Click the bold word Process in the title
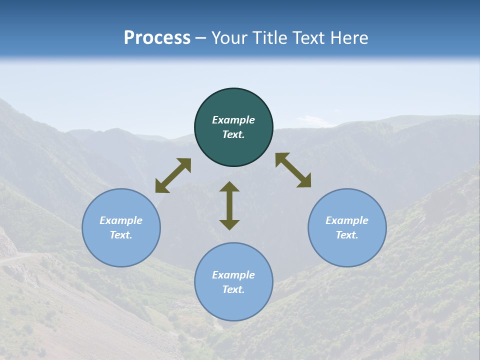[x=157, y=38]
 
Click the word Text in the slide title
[x=308, y=38]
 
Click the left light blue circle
[x=121, y=227]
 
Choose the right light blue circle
[x=347, y=227]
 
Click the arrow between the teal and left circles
[x=173, y=175]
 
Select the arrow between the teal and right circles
[x=293, y=170]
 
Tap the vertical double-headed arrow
[x=229, y=205]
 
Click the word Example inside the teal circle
[x=233, y=120]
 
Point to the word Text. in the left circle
[x=121, y=235]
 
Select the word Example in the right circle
[x=347, y=220]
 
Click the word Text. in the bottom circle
[x=233, y=289]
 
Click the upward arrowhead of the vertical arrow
[x=229, y=186]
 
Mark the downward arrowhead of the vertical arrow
[x=229, y=224]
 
